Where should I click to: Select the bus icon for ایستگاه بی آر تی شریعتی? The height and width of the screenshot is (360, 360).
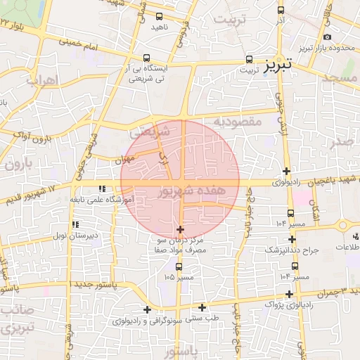tap(146, 58)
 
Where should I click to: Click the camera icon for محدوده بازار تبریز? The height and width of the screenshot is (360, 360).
tap(328, 37)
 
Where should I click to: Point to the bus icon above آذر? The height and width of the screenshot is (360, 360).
tap(281, 11)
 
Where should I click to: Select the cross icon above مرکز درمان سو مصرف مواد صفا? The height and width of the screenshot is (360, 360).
tap(181, 229)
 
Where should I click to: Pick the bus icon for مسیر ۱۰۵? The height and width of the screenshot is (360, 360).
tap(179, 266)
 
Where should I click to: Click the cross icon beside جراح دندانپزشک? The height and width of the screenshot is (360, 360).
tap(292, 239)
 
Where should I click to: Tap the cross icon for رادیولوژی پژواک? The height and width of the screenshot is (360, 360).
tap(289, 293)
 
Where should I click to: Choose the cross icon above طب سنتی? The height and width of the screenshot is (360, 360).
tap(202, 307)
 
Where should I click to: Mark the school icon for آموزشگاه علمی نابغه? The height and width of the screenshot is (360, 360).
tap(102, 188)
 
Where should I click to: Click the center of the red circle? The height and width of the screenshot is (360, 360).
tap(180, 179)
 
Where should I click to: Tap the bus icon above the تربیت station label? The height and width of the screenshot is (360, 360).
tap(250, 60)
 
